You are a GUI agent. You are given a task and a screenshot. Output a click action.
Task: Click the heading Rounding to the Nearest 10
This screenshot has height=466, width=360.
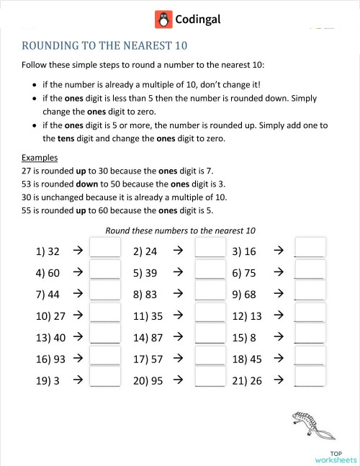pyautogui.click(x=104, y=46)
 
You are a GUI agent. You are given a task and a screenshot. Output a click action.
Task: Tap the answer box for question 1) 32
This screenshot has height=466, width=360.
pyautogui.click(x=104, y=248)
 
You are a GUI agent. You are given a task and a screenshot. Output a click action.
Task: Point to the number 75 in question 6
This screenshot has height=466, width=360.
pyautogui.click(x=249, y=273)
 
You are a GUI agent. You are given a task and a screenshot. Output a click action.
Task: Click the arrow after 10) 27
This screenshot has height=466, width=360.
pyautogui.click(x=78, y=315)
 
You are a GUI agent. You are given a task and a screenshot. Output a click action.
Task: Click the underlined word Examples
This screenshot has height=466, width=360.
pyautogui.click(x=40, y=158)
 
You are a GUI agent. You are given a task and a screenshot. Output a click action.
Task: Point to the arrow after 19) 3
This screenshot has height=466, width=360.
pyautogui.click(x=78, y=380)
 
